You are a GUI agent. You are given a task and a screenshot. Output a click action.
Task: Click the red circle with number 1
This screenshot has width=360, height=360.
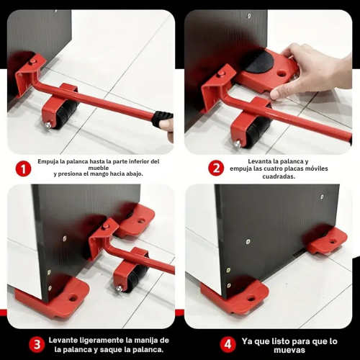pos(24,168)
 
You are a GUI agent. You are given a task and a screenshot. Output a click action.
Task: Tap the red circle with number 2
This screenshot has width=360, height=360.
pos(215,168)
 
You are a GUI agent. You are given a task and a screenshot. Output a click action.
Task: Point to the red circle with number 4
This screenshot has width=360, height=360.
pos(227,343)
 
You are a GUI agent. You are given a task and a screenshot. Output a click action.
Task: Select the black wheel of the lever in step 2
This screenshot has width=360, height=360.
pos(257,130)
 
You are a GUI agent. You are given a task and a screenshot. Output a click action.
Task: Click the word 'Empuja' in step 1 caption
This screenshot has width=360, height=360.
pos(54,161)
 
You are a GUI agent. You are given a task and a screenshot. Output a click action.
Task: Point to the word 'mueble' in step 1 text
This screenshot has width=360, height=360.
pos(97,168)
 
